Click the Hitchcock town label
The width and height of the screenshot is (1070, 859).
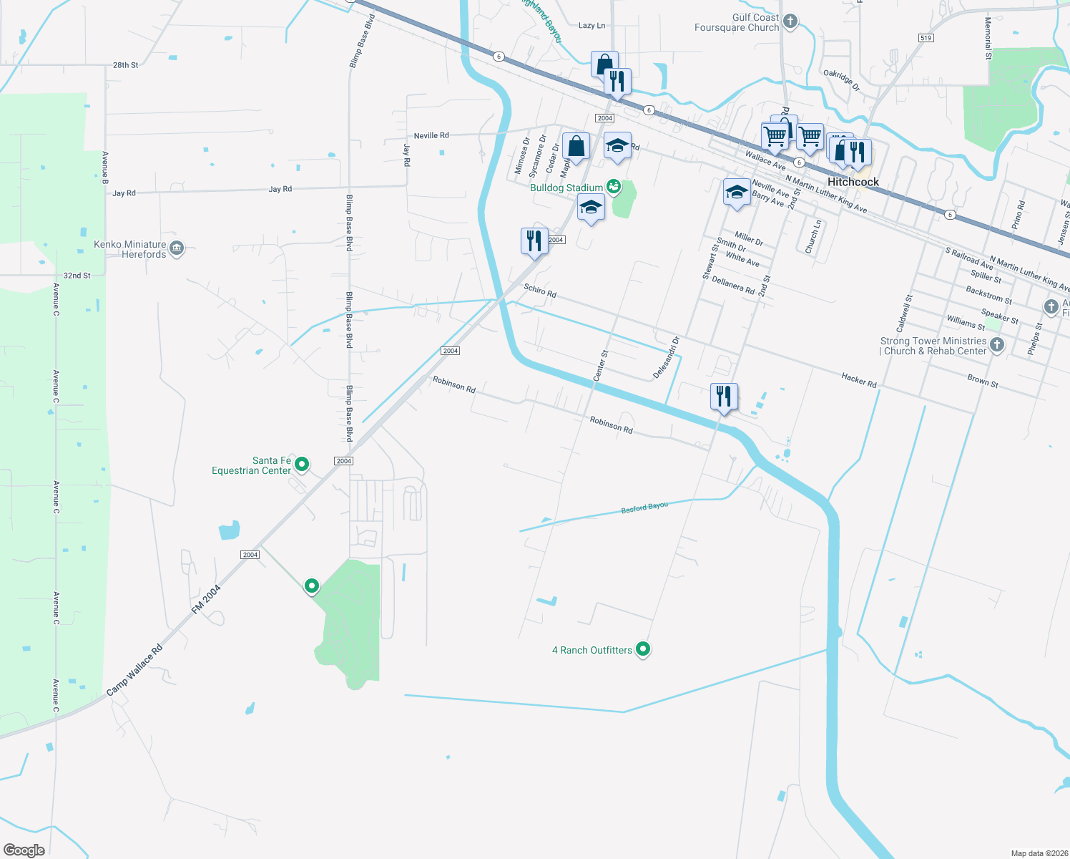[853, 182]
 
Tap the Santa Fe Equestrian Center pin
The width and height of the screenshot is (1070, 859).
[302, 465]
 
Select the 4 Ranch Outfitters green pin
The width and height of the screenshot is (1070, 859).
[643, 649]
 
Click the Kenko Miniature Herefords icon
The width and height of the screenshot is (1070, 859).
[177, 248]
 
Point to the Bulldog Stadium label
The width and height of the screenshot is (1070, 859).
[566, 188]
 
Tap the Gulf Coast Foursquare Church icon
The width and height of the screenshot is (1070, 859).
[790, 21]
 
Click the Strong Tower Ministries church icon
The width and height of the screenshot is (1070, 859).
[996, 345]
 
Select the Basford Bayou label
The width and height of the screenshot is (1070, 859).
[644, 508]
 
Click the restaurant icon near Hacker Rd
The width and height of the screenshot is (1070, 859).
[724, 397]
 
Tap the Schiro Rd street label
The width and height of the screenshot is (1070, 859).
[540, 290]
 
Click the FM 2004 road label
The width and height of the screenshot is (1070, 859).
[206, 599]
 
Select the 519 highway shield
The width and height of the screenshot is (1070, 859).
[926, 38]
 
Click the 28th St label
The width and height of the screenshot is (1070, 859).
[125, 65]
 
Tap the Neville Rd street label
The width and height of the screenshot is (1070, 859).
[431, 135]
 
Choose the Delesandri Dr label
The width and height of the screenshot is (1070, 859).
[666, 357]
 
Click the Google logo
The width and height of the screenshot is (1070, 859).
[24, 850]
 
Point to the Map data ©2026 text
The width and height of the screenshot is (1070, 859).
[1038, 853]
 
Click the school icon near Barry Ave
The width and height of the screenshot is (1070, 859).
[737, 193]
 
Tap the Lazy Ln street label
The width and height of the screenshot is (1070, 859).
[592, 26]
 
